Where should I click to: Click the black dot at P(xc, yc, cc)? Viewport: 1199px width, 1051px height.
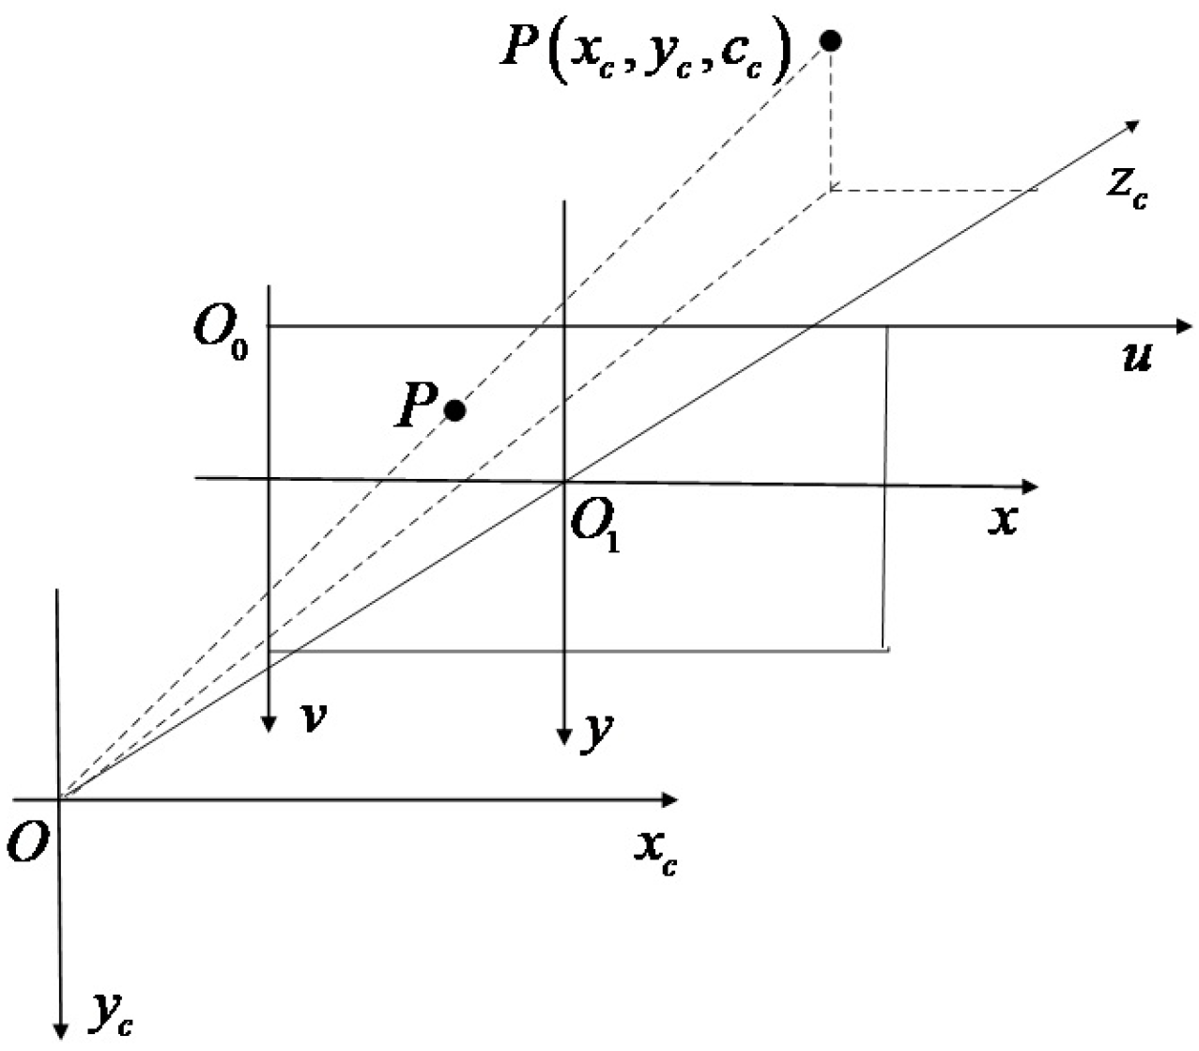[830, 40]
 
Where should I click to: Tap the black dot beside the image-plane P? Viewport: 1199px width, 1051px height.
[455, 410]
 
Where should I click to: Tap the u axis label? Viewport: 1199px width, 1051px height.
[1137, 357]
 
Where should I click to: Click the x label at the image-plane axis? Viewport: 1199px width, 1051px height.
[1004, 518]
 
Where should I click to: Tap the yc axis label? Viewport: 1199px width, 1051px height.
[112, 1013]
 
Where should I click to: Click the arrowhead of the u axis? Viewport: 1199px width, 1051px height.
[1185, 326]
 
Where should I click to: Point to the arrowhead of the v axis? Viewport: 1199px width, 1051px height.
[269, 723]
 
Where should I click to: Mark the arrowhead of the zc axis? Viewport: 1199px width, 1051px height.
[1133, 125]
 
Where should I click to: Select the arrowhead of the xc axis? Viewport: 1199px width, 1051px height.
[669, 800]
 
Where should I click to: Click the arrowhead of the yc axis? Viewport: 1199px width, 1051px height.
[61, 1030]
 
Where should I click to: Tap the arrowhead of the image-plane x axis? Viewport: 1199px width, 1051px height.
[1031, 487]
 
